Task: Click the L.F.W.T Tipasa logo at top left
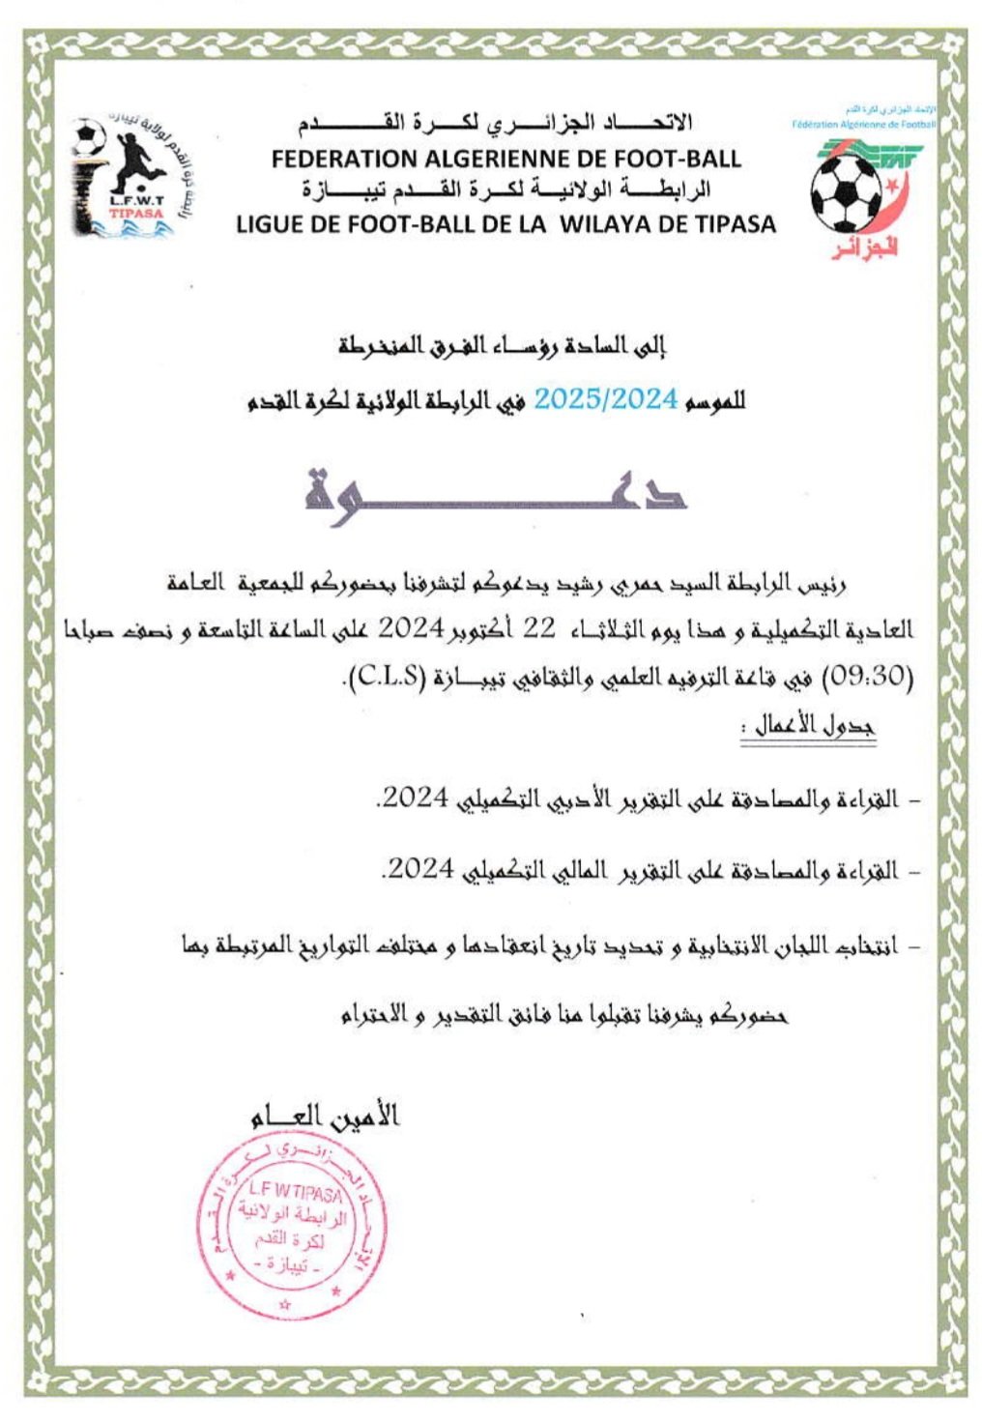[123, 177]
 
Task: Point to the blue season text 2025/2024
[606, 399]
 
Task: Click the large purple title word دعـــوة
[494, 491]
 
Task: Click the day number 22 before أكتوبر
[537, 628]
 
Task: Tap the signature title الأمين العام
[323, 1117]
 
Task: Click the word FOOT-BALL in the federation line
[681, 159]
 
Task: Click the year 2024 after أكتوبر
[408, 629]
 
